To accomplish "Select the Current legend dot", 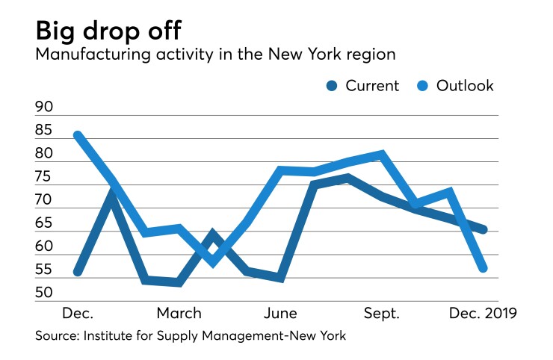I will pyautogui.click(x=332, y=86).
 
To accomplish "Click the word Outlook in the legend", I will pyautogui.click(x=465, y=86).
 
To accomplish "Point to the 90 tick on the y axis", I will pyautogui.click(x=44, y=107).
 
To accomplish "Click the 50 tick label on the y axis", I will pyautogui.click(x=44, y=292).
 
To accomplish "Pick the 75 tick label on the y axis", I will pyautogui.click(x=44, y=176).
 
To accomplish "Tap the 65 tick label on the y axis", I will pyautogui.click(x=44, y=223).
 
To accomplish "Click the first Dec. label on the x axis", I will pyautogui.click(x=77, y=312).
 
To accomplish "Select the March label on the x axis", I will pyautogui.click(x=179, y=312).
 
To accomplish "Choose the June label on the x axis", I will pyautogui.click(x=281, y=312).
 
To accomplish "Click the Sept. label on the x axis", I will pyautogui.click(x=382, y=312).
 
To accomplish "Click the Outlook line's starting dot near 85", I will pyautogui.click(x=78, y=136).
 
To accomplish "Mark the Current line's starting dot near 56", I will pyautogui.click(x=78, y=271).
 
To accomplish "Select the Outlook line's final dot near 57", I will pyautogui.click(x=483, y=268).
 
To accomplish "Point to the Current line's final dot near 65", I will pyautogui.click(x=483, y=229).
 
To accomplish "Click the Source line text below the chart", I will pyautogui.click(x=191, y=336).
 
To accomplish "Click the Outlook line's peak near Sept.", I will pyautogui.click(x=382, y=155).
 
